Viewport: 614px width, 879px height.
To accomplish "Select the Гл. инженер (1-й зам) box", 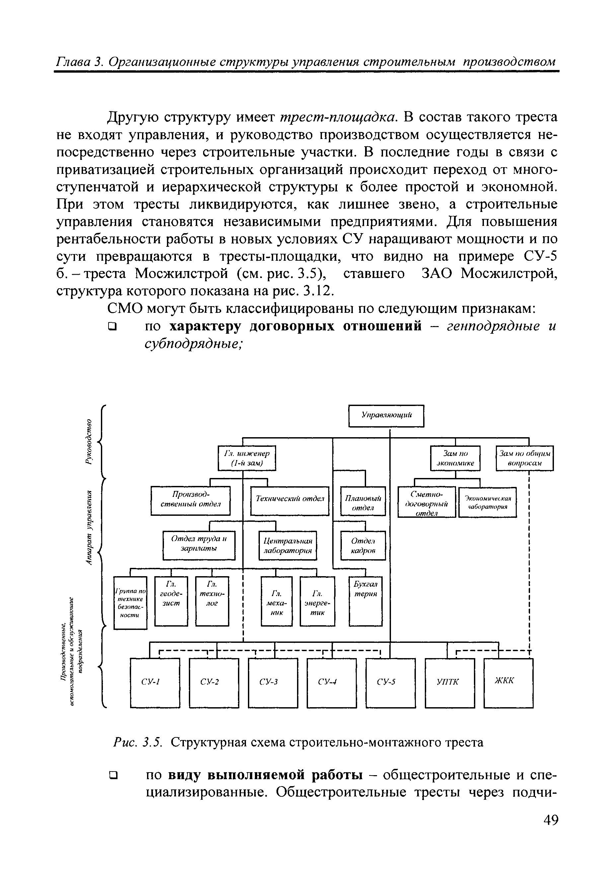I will pyautogui.click(x=247, y=458).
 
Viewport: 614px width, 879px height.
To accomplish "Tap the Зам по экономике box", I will pyautogui.click(x=455, y=458).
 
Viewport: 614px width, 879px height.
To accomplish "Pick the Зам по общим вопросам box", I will pyautogui.click(x=524, y=458).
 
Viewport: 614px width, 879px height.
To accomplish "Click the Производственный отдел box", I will pyautogui.click(x=191, y=501).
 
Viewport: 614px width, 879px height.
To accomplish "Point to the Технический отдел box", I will pyautogui.click(x=289, y=501).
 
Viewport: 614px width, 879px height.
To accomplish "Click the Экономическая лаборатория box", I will pyautogui.click(x=487, y=502).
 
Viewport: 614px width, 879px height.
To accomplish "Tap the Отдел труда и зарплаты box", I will pyautogui.click(x=199, y=545).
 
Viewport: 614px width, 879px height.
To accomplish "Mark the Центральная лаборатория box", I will pyautogui.click(x=288, y=545).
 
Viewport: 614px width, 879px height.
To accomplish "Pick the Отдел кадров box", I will pyautogui.click(x=363, y=546).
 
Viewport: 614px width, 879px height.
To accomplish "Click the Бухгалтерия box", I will pyautogui.click(x=365, y=601).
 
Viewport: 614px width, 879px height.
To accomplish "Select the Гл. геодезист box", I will pyautogui.click(x=171, y=601).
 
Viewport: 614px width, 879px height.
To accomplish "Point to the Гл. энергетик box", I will pyautogui.click(x=317, y=601).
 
